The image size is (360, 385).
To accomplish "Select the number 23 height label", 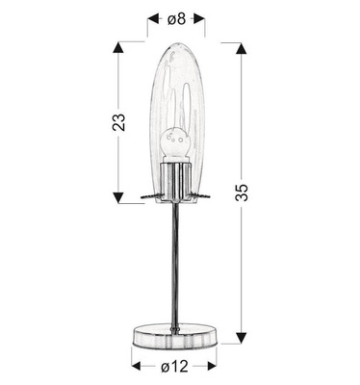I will (119, 122).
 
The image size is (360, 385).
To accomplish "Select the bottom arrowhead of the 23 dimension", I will (119, 196).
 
